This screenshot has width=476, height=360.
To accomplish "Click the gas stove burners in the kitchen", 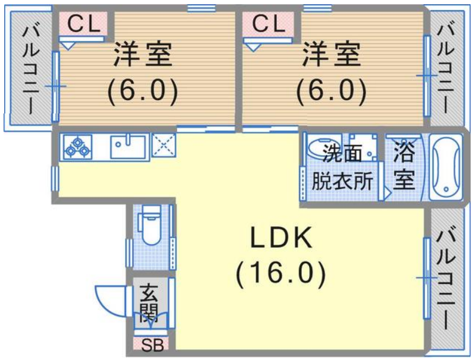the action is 78,147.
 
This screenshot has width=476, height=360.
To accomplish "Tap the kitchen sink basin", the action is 128,147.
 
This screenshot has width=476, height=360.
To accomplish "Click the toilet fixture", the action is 150,224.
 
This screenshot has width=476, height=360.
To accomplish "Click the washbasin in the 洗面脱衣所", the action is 321,146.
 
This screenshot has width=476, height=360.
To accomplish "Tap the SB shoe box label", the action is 153,345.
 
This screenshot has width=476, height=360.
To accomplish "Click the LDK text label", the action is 281,238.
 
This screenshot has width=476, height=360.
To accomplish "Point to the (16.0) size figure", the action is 281,274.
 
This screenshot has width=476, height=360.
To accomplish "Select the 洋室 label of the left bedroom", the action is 143,54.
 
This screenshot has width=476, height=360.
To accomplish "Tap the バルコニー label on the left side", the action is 31,71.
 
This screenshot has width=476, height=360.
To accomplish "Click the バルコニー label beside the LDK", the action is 445,279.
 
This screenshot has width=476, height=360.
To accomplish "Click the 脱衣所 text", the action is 342,181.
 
